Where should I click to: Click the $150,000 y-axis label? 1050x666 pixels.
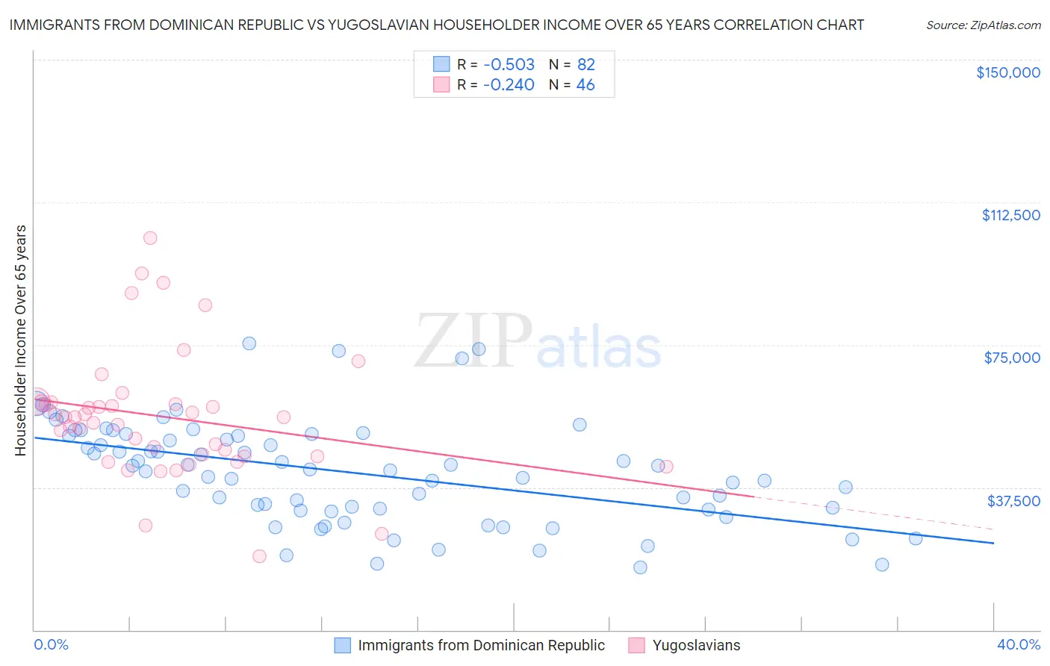click(x=1007, y=72)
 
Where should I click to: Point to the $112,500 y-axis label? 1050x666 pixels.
click(x=1010, y=215)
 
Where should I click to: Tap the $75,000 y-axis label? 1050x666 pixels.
click(x=1011, y=358)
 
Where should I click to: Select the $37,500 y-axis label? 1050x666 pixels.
click(x=1013, y=501)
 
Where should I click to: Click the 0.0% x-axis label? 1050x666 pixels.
click(x=51, y=644)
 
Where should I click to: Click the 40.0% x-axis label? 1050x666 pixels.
click(x=1018, y=644)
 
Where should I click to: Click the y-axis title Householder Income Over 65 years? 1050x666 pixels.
click(x=21, y=340)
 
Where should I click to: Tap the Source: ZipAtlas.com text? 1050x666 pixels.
click(x=983, y=25)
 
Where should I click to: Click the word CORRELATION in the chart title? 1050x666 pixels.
click(x=759, y=25)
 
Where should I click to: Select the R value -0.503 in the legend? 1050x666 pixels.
click(x=508, y=64)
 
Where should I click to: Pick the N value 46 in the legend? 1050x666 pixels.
click(x=585, y=85)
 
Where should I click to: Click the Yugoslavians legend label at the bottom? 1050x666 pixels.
click(x=696, y=645)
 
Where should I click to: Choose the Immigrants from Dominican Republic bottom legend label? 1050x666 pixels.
click(x=481, y=645)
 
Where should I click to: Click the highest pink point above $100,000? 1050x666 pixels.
click(x=150, y=238)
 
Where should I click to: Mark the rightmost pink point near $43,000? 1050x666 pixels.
click(x=666, y=467)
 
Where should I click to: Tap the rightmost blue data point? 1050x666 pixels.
click(x=915, y=538)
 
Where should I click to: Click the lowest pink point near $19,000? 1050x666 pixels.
click(x=259, y=556)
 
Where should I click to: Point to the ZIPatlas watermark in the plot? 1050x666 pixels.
click(x=538, y=342)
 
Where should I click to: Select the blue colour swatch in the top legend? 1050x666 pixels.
click(x=441, y=64)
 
